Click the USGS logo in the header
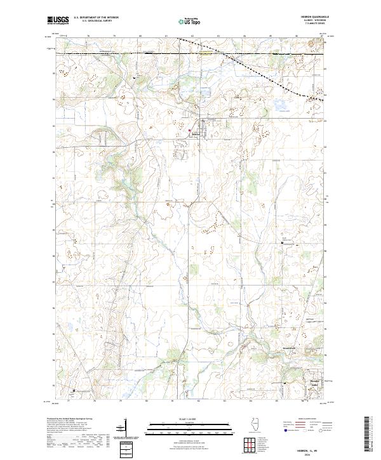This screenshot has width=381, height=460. [57, 20]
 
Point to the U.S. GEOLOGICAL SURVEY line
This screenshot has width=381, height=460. [92, 22]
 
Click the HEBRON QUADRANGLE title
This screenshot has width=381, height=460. [310, 17]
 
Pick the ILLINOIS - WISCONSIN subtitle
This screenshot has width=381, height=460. [310, 20]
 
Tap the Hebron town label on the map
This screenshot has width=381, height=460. [196, 134]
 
